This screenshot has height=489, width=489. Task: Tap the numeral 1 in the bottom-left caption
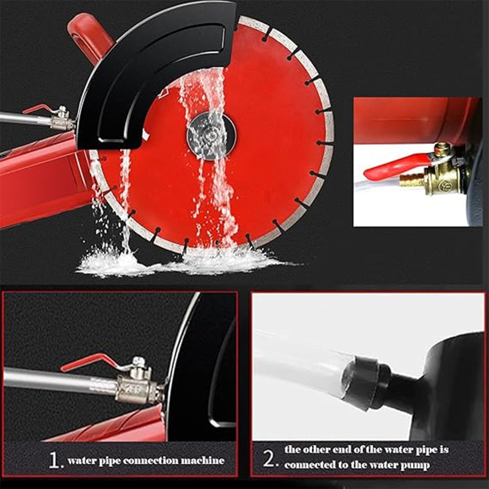(54, 461)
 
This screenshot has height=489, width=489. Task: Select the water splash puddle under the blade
(178, 262)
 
